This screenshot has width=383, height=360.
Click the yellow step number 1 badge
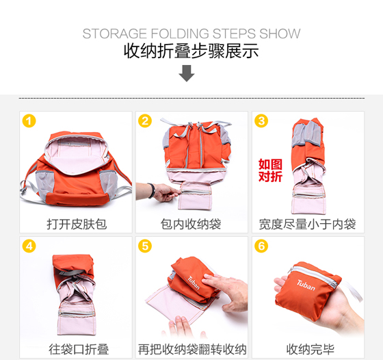[29, 121]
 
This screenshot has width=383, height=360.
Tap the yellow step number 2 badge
[145, 121]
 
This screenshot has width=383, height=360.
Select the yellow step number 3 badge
[261, 121]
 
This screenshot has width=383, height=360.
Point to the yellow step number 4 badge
[29, 246]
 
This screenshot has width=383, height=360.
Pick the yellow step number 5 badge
[145, 246]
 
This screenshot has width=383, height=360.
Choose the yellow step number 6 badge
[261, 246]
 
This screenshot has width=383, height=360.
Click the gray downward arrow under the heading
[187, 73]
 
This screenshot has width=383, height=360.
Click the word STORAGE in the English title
[115, 34]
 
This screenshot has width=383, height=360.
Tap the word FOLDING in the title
[180, 34]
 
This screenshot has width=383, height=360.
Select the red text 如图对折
[270, 170]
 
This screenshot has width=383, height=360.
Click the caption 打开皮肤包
[77, 224]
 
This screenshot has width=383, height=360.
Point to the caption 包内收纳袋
[191, 224]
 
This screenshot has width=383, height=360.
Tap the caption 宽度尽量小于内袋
[307, 224]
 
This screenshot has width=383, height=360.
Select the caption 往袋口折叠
[79, 349]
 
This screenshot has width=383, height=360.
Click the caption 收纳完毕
[311, 349]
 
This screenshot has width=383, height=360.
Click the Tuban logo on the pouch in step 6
[306, 285]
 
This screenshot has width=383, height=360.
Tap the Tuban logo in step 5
[194, 283]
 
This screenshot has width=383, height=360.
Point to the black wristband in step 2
[152, 191]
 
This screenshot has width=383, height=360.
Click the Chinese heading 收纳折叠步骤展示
[191, 51]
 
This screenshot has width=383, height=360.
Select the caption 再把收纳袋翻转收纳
[192, 349]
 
